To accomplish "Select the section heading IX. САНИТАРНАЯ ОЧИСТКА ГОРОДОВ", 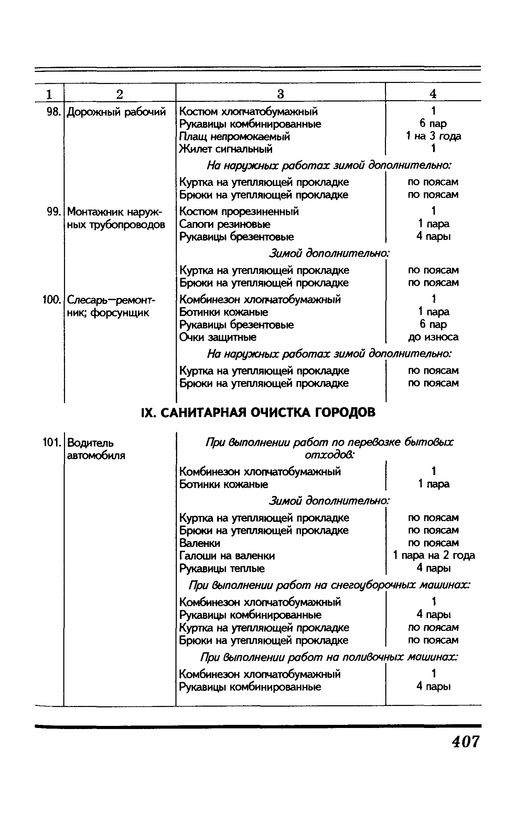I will [x=258, y=412].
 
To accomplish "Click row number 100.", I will [x=52, y=299].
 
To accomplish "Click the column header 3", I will [x=280, y=94].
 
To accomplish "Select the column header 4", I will [x=433, y=94].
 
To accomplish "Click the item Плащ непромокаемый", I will [x=235, y=137].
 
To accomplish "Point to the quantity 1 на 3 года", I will [x=433, y=137].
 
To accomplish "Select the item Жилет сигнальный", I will [x=226, y=149].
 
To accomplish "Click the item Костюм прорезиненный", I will [x=239, y=211].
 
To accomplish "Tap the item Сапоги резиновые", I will [x=225, y=224].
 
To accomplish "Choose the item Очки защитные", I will [x=218, y=337].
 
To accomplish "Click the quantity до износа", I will [x=433, y=337].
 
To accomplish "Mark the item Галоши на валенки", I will [x=227, y=556].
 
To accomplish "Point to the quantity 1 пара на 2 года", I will [x=434, y=556].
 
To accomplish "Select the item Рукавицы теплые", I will [x=222, y=568].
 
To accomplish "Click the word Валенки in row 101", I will [x=200, y=543].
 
